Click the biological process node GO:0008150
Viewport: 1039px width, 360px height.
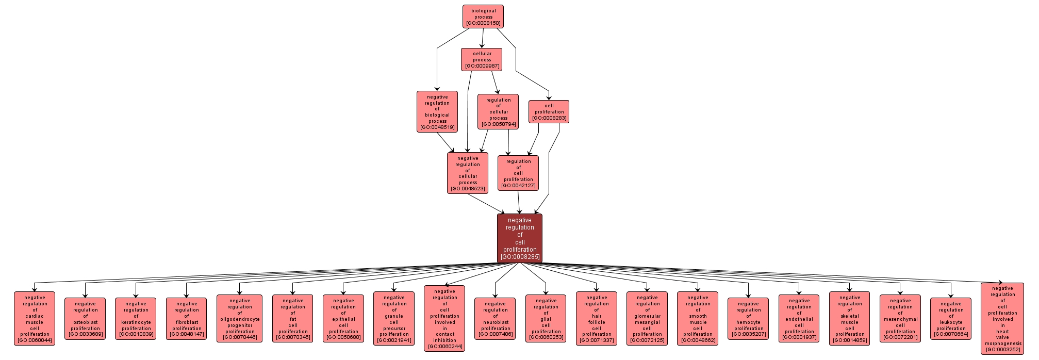pos(483,17)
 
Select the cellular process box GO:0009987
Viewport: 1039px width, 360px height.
pos(482,59)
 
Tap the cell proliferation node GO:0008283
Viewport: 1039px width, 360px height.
pos(549,111)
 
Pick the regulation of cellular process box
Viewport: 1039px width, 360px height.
pos(498,111)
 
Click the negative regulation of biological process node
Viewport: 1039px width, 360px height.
pos(437,111)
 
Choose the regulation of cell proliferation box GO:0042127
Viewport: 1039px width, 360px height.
pos(518,173)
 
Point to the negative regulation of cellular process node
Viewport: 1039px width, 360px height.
pos(468,173)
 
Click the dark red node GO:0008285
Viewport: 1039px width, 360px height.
pos(520,238)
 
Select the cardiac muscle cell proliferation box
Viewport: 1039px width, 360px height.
pos(35,318)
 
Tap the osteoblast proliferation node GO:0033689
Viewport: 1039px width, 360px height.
pos(85,319)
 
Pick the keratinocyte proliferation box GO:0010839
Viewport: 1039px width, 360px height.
pos(136,319)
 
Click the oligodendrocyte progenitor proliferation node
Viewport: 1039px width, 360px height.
pos(239,319)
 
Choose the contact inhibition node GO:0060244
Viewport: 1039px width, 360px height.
pos(444,318)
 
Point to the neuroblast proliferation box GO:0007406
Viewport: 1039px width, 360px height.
pos(495,319)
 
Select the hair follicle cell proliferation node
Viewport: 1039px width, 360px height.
pos(597,318)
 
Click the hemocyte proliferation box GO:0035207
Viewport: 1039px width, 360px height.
pos(748,319)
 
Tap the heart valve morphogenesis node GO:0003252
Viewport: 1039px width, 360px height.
pos(1002,318)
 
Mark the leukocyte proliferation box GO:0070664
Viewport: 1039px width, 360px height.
pos(951,319)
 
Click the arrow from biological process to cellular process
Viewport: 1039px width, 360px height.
pos(483,38)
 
